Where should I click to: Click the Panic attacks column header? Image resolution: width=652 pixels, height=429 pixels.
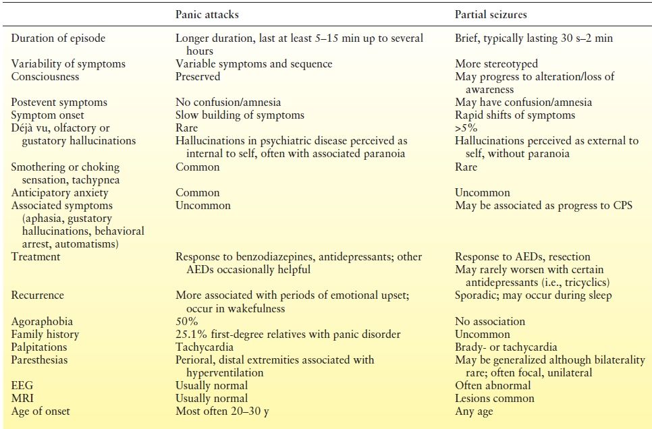[207, 13]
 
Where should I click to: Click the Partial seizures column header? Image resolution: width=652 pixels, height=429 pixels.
[490, 13]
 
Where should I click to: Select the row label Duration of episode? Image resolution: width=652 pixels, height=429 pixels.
[58, 38]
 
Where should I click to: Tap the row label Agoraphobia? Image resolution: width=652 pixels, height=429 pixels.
[42, 322]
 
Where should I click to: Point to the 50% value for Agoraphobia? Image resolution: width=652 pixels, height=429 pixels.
[186, 322]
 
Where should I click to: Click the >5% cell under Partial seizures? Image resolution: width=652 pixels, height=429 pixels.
[466, 128]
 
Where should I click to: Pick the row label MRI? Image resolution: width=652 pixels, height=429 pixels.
[22, 399]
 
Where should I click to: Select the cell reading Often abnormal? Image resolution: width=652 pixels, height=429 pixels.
[493, 386]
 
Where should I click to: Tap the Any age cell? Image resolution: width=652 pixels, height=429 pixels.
[474, 411]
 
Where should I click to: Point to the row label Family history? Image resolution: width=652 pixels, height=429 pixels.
[45, 335]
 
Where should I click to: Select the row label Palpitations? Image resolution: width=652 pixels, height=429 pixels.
[40, 347]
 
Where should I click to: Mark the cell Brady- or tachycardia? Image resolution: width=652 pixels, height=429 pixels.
[506, 347]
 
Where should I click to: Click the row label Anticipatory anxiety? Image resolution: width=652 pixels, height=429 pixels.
[60, 192]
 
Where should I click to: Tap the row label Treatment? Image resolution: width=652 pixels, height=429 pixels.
[36, 257]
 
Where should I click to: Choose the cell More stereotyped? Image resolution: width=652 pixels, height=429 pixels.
[497, 64]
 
